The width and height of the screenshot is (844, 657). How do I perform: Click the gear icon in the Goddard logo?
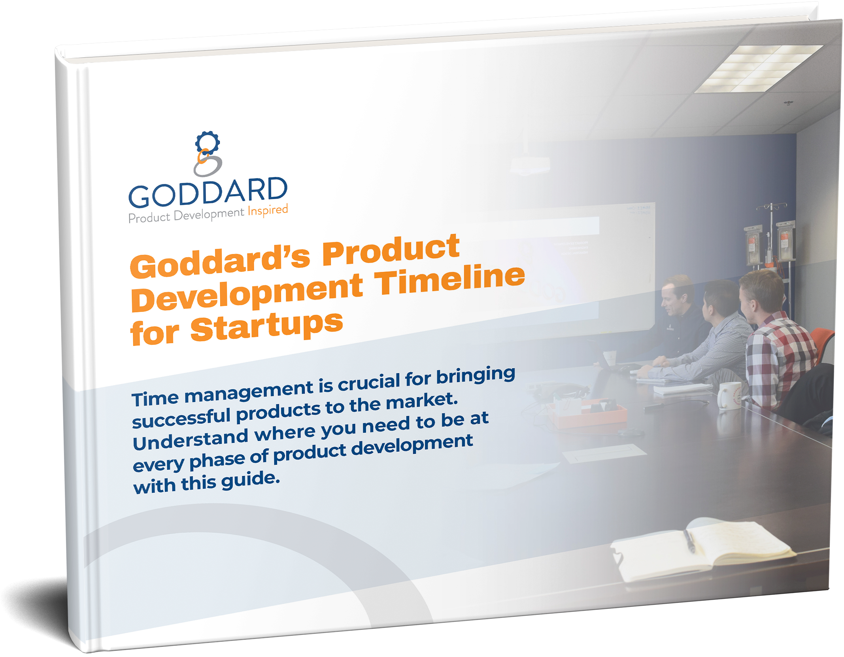tap(207, 143)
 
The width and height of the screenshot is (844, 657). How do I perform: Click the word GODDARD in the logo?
tap(208, 193)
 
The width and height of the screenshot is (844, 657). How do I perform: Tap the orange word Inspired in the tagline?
tap(268, 210)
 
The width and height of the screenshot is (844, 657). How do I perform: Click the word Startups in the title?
tap(267, 326)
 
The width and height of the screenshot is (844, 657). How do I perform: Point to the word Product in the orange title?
tap(391, 250)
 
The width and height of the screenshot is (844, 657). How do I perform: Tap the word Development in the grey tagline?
tap(209, 215)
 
